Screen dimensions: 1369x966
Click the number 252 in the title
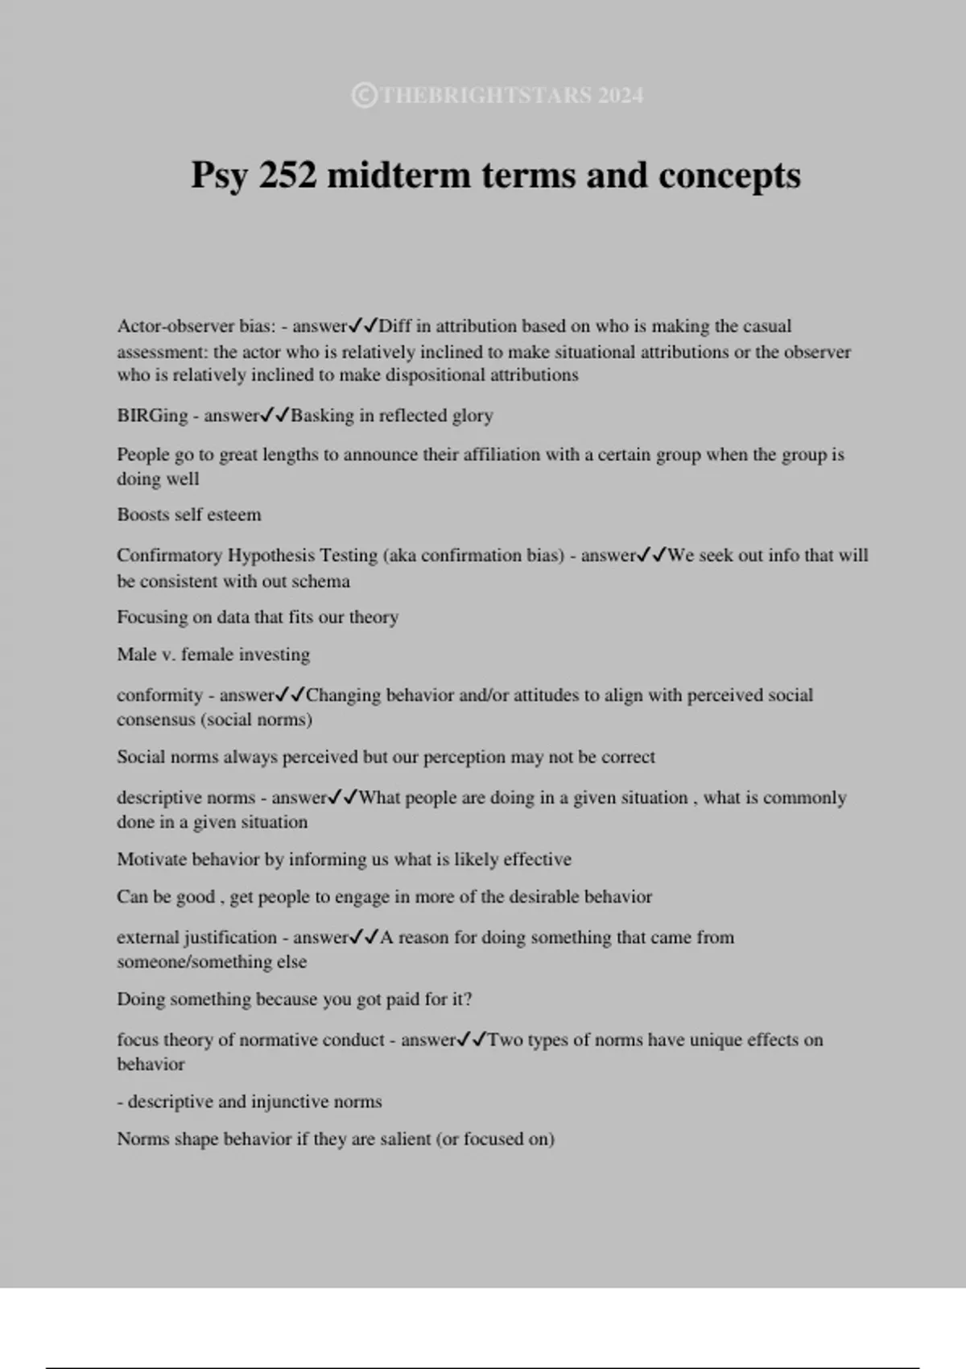287,175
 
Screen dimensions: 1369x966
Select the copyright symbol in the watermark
364,96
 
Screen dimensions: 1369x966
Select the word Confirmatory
168,556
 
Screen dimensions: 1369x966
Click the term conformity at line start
159,695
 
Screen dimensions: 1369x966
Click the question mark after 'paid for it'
468,999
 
